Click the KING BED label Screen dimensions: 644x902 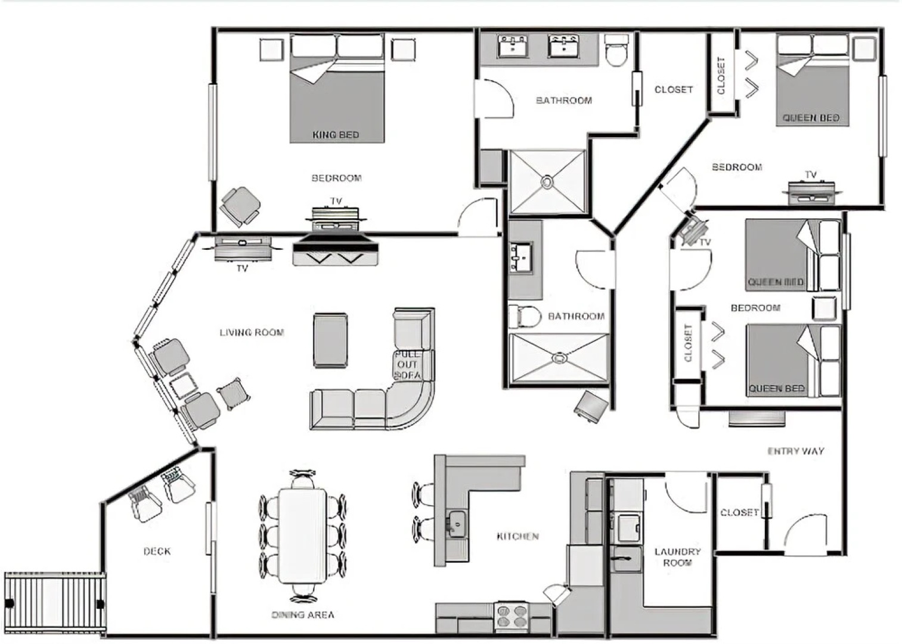(x=336, y=135)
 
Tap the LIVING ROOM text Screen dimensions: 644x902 (x=252, y=332)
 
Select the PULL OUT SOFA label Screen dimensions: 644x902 (x=408, y=364)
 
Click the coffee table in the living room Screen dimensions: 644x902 (x=330, y=340)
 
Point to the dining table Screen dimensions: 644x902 (x=303, y=535)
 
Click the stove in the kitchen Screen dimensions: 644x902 (x=512, y=617)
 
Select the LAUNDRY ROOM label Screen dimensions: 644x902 (x=677, y=557)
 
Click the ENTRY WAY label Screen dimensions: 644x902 (x=795, y=451)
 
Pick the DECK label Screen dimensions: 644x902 (x=157, y=552)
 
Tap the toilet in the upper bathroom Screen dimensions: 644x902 (x=616, y=51)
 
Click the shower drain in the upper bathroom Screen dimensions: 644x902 (x=548, y=181)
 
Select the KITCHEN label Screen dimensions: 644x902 (x=517, y=536)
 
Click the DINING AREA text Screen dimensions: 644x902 (x=303, y=615)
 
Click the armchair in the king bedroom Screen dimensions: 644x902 (x=241, y=206)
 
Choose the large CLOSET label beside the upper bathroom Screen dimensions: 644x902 (x=674, y=89)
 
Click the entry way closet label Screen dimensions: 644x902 (x=739, y=512)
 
